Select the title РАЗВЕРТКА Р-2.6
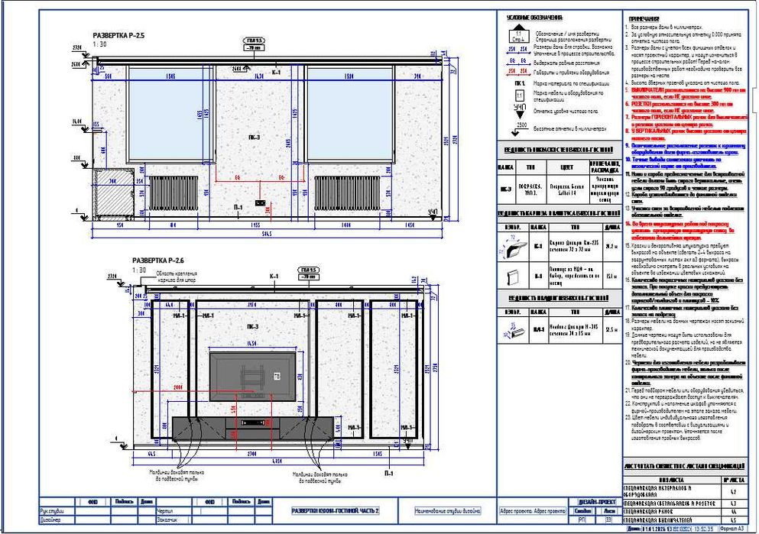[158, 261]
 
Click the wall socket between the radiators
[260, 203]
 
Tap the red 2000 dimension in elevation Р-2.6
[179, 388]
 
